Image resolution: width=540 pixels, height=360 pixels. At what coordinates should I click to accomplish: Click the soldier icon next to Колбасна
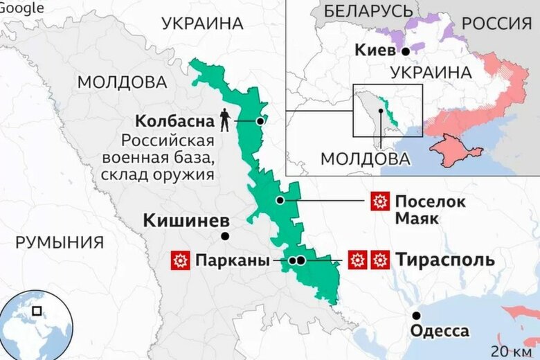click(224, 120)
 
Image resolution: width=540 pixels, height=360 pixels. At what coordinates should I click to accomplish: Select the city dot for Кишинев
click(225, 236)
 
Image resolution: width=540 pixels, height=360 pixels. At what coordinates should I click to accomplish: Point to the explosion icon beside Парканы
click(180, 261)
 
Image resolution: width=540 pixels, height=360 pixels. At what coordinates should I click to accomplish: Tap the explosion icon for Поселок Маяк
click(379, 202)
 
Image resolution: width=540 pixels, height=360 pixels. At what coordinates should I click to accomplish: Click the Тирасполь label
click(445, 260)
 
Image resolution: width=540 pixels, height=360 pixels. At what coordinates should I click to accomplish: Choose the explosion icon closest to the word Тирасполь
click(379, 260)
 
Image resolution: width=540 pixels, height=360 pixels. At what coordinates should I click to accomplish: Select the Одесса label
click(439, 332)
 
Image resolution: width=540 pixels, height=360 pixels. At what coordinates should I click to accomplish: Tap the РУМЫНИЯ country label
click(60, 243)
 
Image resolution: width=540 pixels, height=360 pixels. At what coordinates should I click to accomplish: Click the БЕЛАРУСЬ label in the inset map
click(368, 11)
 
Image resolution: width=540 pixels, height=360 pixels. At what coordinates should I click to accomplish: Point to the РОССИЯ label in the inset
click(496, 23)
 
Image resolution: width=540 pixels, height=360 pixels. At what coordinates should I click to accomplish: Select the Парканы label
click(232, 261)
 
